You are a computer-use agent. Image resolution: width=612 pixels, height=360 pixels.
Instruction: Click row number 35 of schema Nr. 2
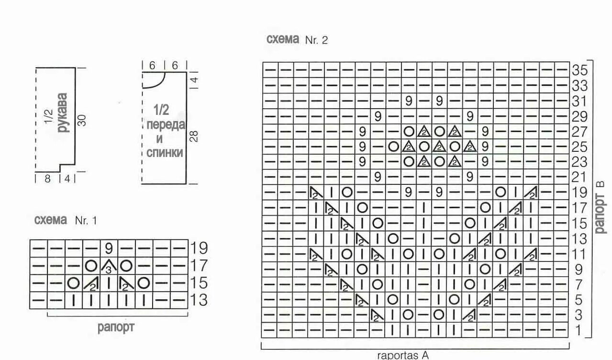[x=579, y=70]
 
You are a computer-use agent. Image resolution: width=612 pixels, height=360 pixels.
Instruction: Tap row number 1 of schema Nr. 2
[x=579, y=330]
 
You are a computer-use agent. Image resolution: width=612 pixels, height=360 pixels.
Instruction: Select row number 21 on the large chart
[x=579, y=177]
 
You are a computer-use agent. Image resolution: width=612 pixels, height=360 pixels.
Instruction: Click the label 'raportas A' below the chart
[x=403, y=355]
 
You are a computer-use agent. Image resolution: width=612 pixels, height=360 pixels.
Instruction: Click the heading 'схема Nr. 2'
[x=297, y=40]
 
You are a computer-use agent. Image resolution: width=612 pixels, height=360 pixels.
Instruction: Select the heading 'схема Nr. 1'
[x=66, y=221]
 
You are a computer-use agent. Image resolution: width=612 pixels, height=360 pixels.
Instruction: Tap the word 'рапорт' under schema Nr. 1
[x=116, y=328]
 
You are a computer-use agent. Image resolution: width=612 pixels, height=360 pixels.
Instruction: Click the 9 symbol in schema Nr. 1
[x=109, y=248]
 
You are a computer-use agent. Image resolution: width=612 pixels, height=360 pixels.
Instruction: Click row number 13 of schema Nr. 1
[x=199, y=300]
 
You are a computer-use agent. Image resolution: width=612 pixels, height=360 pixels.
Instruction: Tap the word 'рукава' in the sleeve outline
[x=62, y=112]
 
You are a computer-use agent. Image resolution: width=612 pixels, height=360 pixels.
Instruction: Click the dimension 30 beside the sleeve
[x=82, y=120]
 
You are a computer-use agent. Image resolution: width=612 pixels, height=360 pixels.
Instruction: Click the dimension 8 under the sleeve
[x=48, y=179]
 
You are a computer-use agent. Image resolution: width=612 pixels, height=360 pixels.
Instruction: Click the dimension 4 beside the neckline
[x=194, y=79]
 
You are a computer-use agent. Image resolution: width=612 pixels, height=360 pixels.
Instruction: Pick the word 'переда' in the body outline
[x=166, y=125]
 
